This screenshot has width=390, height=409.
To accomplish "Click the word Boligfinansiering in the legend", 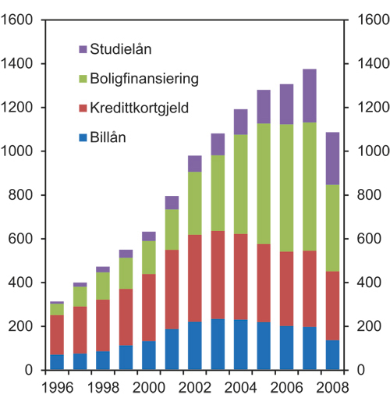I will coord(143,79).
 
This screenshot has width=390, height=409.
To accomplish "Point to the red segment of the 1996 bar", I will coord(56,335).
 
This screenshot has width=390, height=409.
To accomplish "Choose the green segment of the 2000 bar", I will coord(148,258).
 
